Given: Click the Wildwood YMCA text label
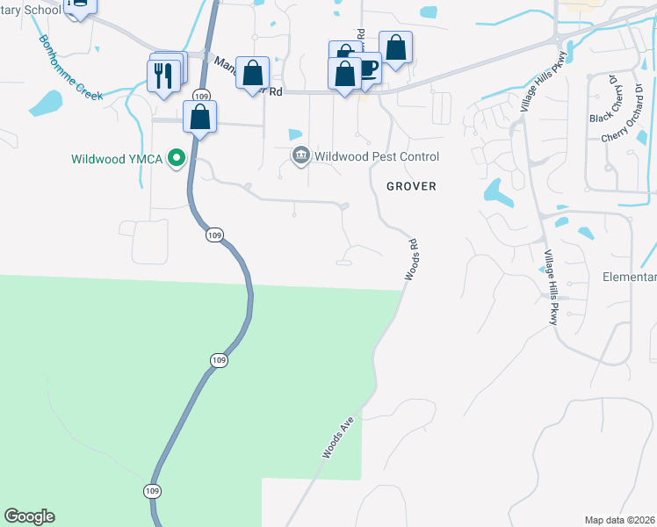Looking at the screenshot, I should (119, 159).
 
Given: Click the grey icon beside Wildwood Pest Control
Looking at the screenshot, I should (300, 155).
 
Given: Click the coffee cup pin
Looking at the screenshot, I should (366, 70).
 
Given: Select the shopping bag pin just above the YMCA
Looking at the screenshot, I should (200, 117).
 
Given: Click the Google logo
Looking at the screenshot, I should (29, 516).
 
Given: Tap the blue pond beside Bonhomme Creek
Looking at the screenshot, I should (46, 103).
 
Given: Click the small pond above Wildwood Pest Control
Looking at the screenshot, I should (294, 134).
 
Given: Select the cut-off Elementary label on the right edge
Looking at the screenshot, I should (629, 277).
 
